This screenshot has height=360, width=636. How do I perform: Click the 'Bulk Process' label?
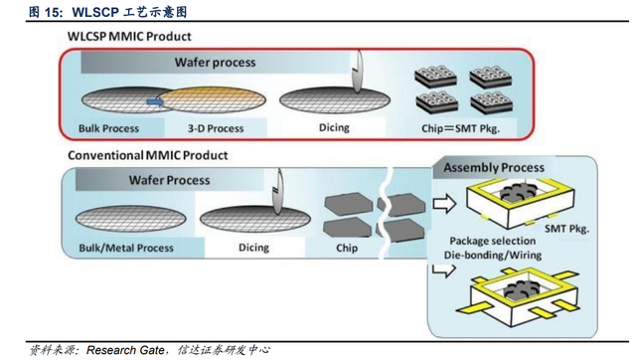(x=108, y=128)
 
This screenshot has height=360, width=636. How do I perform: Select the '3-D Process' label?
(x=216, y=128)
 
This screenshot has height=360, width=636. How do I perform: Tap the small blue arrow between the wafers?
(x=155, y=101)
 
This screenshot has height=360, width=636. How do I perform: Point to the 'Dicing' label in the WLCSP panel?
(x=334, y=128)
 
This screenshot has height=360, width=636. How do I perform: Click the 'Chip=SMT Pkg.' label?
(x=460, y=128)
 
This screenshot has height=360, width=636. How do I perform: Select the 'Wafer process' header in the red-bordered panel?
(x=215, y=63)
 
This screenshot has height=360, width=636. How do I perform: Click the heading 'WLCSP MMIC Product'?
(x=129, y=37)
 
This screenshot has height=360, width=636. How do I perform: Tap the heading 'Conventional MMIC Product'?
(x=148, y=155)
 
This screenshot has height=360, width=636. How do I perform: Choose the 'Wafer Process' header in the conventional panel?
(x=169, y=180)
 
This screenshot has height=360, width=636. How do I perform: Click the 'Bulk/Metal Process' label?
(x=126, y=248)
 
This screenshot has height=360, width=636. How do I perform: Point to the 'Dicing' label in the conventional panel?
(x=253, y=248)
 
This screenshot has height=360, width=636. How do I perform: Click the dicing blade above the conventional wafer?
(x=278, y=192)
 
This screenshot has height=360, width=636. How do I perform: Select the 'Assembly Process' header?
(x=494, y=168)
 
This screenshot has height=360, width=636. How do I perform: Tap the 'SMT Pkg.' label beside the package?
(x=566, y=229)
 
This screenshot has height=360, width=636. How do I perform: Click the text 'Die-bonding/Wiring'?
(x=493, y=256)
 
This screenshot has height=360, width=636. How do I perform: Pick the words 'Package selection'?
(x=493, y=241)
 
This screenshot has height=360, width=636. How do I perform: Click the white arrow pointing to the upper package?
(x=444, y=204)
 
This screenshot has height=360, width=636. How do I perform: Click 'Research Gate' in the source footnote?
(x=125, y=350)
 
